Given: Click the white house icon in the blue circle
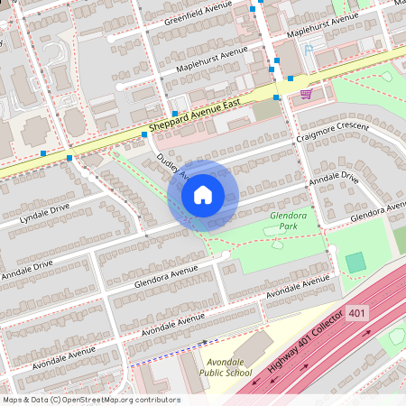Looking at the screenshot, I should pyautogui.click(x=203, y=195).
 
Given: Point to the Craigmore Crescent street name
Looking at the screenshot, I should pyautogui.click(x=333, y=133).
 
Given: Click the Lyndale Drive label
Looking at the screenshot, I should pyautogui.click(x=44, y=213).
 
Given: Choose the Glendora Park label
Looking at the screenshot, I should pyautogui.click(x=283, y=221).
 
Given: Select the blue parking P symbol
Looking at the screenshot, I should pyautogui.click(x=309, y=51).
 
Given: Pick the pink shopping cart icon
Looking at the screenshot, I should pyautogui.click(x=306, y=93).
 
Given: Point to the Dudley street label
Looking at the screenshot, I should pyautogui.click(x=168, y=163).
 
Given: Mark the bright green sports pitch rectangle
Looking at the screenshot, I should pyautogui.click(x=356, y=263).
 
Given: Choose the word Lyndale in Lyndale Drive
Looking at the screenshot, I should pyautogui.click(x=34, y=217).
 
